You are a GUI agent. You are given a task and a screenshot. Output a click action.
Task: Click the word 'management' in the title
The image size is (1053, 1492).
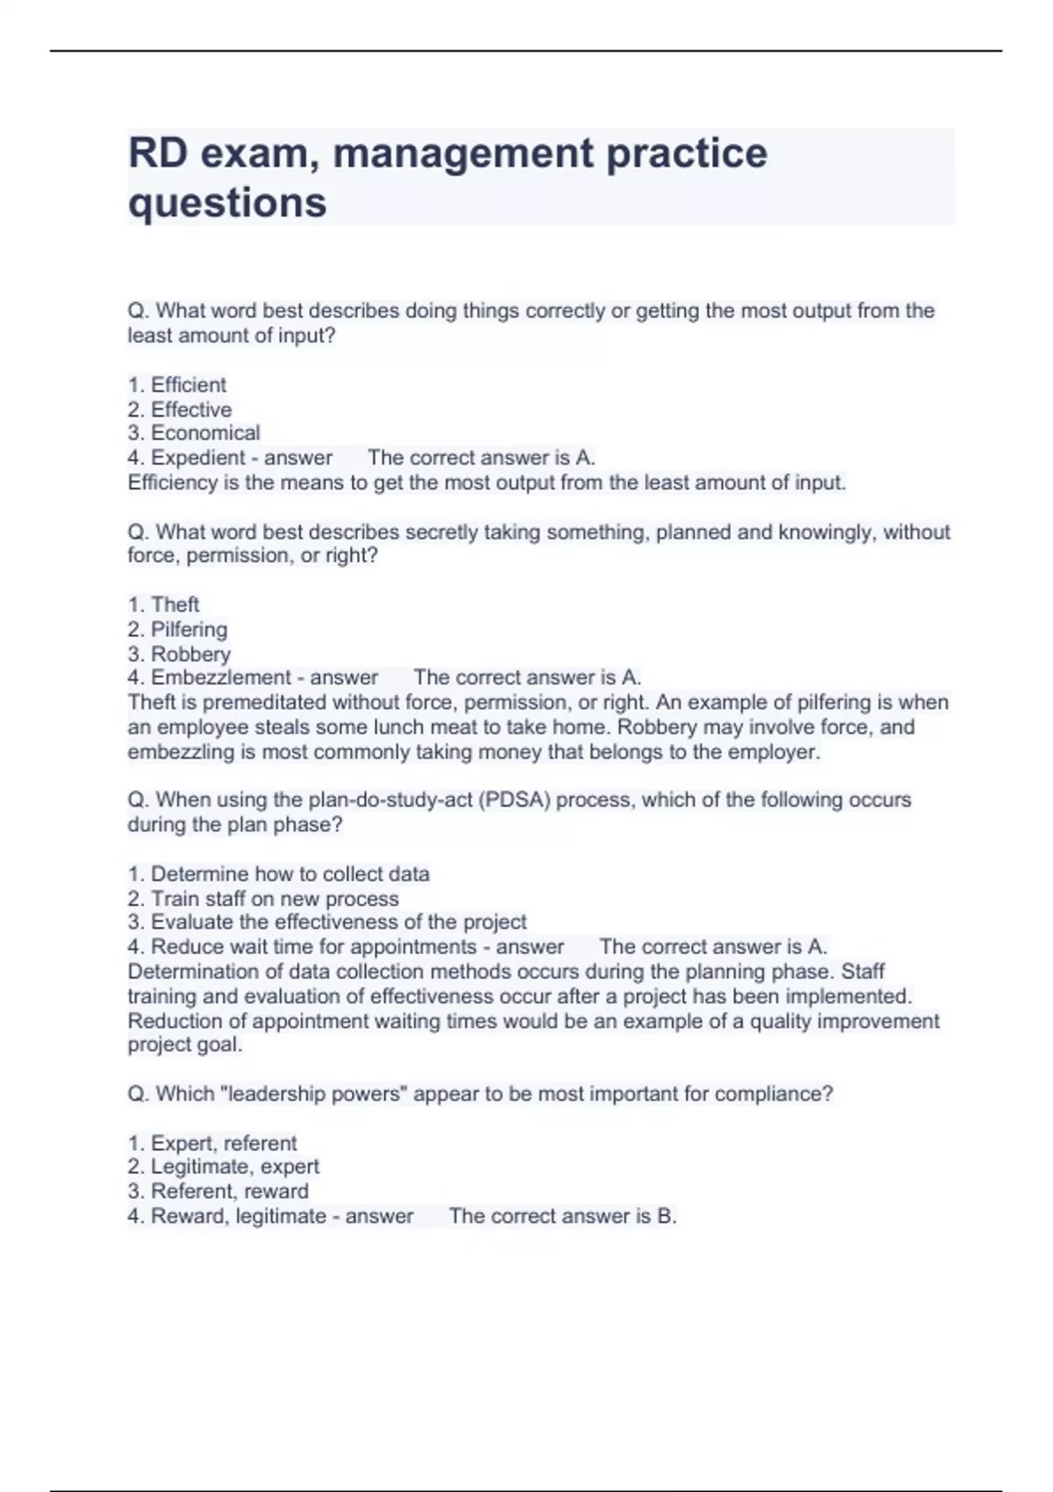pos(463,154)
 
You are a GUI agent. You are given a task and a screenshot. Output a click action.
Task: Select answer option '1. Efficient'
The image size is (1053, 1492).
pos(177,385)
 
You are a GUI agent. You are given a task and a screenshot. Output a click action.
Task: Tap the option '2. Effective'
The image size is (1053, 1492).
pos(180,410)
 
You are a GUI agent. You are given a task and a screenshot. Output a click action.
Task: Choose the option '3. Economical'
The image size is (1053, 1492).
pos(194,434)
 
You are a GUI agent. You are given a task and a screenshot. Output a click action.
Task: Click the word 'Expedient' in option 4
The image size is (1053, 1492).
pos(197,458)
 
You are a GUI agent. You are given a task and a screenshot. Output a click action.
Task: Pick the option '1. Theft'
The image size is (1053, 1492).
pos(164,605)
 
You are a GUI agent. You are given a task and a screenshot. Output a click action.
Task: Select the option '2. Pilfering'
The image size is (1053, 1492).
pos(177,629)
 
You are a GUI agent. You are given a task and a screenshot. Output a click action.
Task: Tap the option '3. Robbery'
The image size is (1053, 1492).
pos(179,654)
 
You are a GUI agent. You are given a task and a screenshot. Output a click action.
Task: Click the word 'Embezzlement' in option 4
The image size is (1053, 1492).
pos(220,678)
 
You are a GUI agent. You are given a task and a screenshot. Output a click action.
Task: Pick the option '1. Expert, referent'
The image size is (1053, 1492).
pos(212,1144)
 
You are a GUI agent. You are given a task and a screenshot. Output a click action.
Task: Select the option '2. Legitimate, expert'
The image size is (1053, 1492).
pos(224,1167)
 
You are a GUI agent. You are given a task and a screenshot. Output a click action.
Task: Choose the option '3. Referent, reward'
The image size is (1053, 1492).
pos(218,1192)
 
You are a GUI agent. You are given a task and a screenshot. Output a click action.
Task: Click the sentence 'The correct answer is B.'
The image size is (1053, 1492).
pos(562,1216)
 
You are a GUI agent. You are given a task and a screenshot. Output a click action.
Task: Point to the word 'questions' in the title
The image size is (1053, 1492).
pos(227,203)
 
